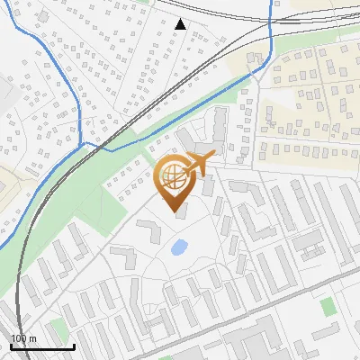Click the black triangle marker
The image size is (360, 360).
tap(181, 24)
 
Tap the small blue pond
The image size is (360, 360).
tap(179, 246)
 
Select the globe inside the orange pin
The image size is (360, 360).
tap(172, 173)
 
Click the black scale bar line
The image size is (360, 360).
tap(42, 346)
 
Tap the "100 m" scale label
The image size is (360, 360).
tap(23, 338)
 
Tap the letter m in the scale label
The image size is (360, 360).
tap(33, 338)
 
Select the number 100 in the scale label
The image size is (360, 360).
tap(19, 338)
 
